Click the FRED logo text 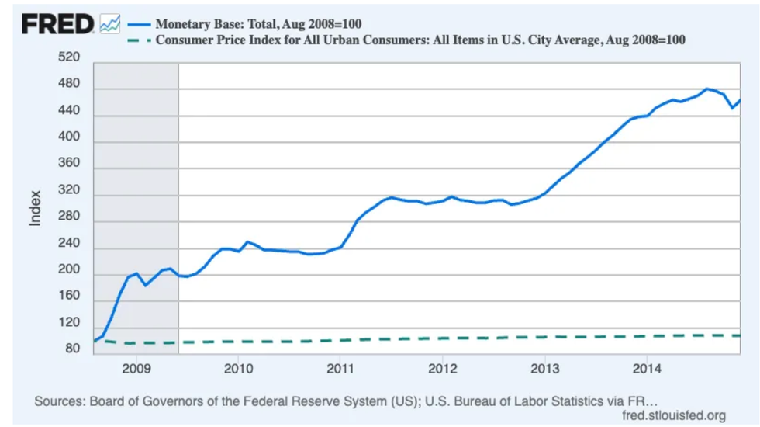(57, 24)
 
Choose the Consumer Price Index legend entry (420, 40)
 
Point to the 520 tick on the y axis (69, 57)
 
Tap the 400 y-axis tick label (69, 137)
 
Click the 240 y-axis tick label (69, 244)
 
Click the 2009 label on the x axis (136, 367)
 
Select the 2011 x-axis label (340, 367)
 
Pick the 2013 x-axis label (544, 367)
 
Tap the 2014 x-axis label (647, 367)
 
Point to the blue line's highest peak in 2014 (706, 89)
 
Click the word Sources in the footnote (59, 401)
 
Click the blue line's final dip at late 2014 (733, 108)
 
